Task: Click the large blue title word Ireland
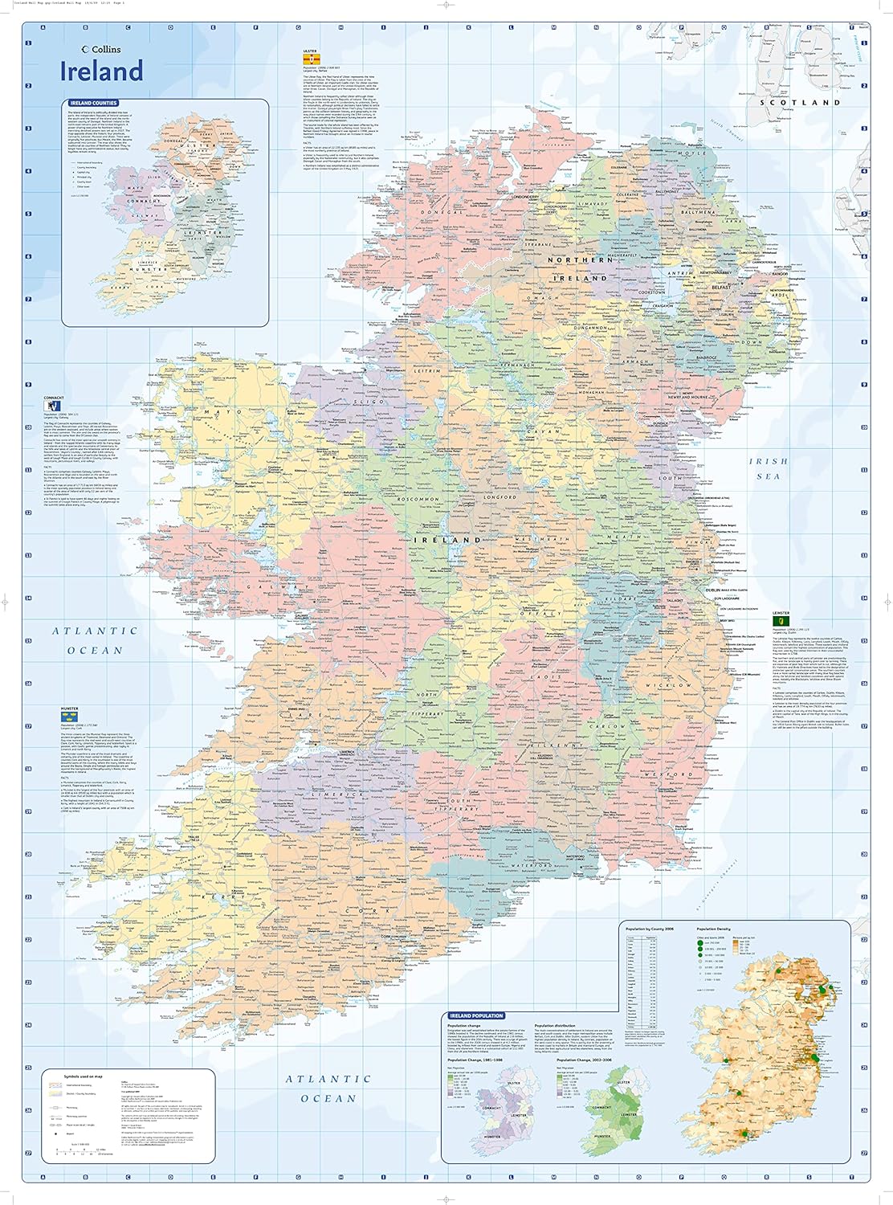[x=102, y=71]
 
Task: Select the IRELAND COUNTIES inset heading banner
[x=93, y=103]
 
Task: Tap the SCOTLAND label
[x=811, y=102]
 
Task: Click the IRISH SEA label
[x=768, y=468]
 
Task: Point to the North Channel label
[x=727, y=129]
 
